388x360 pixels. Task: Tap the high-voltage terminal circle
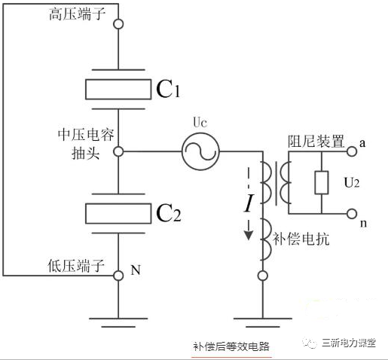(118, 24)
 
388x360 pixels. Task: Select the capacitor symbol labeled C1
(118, 88)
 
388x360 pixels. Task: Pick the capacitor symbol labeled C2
(118, 212)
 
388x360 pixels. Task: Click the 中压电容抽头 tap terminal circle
(118, 151)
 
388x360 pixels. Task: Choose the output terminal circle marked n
(352, 214)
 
